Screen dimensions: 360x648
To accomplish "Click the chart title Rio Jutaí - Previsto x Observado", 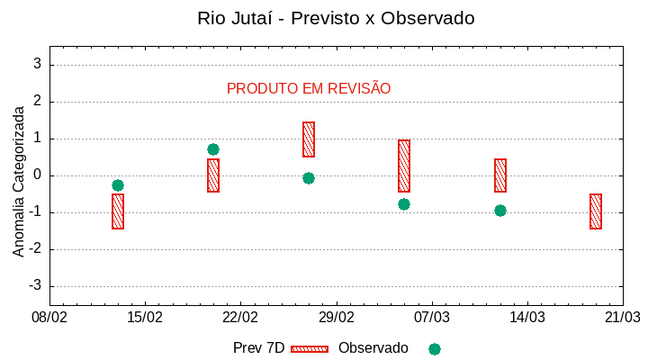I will point(336,18).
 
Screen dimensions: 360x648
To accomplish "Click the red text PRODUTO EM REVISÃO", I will point(309,88).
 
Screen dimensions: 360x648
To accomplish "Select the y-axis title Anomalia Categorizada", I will point(19,181).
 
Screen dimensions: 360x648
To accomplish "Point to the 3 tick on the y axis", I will point(37,65).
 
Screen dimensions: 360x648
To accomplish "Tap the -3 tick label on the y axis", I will point(34,286).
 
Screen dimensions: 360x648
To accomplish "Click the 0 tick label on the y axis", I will point(37,175).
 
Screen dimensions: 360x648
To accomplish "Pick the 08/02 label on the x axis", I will point(49,317).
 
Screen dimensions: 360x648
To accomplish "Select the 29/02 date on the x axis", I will point(337,317).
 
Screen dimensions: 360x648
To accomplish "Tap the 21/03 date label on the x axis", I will point(623,317).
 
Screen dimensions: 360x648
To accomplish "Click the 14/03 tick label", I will point(527,317).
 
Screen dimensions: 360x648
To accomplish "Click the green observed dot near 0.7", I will point(213,149).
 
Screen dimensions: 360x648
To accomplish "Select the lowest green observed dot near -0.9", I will point(500,211).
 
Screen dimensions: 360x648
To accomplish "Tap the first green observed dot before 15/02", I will point(118,185).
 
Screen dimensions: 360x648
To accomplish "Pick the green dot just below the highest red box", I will point(309,178).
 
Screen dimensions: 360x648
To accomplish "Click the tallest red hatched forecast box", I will point(404,166).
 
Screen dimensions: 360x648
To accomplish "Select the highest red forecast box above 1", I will point(309,139).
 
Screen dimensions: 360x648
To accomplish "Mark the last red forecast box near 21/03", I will point(596,211).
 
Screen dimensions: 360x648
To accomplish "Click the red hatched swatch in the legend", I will point(310,349).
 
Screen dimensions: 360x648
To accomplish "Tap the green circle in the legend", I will point(435,349).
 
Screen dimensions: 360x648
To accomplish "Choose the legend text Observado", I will point(373,348).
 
